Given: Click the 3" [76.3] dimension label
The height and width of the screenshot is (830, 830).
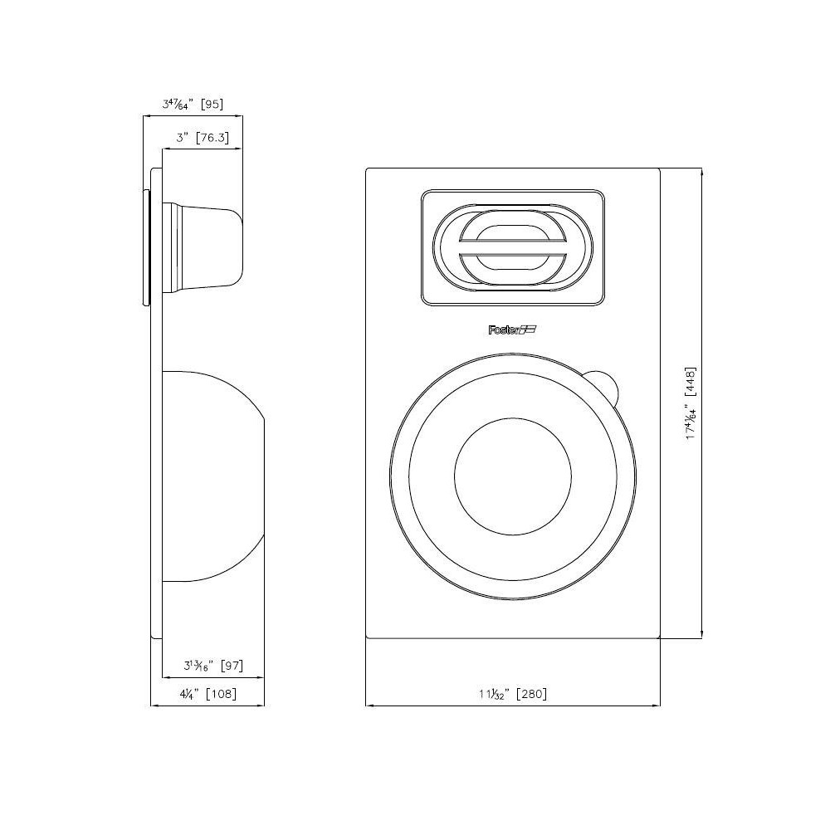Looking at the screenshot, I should tap(202, 138).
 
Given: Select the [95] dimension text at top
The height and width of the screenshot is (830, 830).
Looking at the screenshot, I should tap(210, 105).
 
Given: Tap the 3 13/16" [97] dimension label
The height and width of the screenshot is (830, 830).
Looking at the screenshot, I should tap(212, 666).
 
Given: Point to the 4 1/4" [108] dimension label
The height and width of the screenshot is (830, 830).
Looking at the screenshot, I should tap(207, 694).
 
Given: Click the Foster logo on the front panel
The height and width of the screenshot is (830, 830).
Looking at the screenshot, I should tap(513, 330).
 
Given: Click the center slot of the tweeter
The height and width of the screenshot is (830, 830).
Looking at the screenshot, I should tap(513, 247).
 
